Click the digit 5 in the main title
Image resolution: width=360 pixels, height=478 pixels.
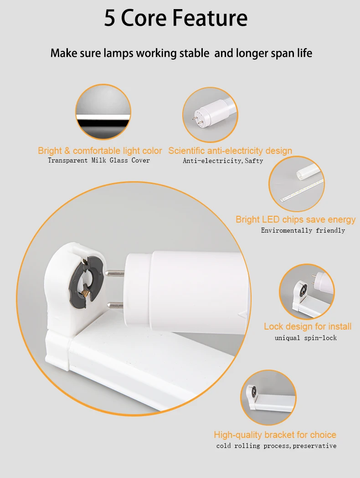(110, 19)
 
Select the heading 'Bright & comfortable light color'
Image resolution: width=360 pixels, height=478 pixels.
(100, 151)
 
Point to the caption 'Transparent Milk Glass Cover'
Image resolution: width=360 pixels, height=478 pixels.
(99, 160)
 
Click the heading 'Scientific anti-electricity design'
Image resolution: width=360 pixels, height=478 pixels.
(230, 151)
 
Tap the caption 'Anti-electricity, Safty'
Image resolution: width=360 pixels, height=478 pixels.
(223, 161)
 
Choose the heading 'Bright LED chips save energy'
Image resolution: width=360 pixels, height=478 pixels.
(295, 219)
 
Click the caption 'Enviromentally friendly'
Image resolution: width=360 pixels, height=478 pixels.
(303, 230)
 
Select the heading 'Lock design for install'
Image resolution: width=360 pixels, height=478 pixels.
(308, 326)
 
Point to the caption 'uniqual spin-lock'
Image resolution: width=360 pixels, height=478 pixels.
(305, 338)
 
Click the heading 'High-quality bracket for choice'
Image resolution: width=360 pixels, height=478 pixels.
(275, 435)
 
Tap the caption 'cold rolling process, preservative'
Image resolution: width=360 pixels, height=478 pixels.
(276, 446)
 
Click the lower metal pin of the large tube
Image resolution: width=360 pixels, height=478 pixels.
(116, 305)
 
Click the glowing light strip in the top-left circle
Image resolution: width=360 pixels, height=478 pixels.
(103, 117)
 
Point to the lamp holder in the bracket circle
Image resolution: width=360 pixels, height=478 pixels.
(252, 392)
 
